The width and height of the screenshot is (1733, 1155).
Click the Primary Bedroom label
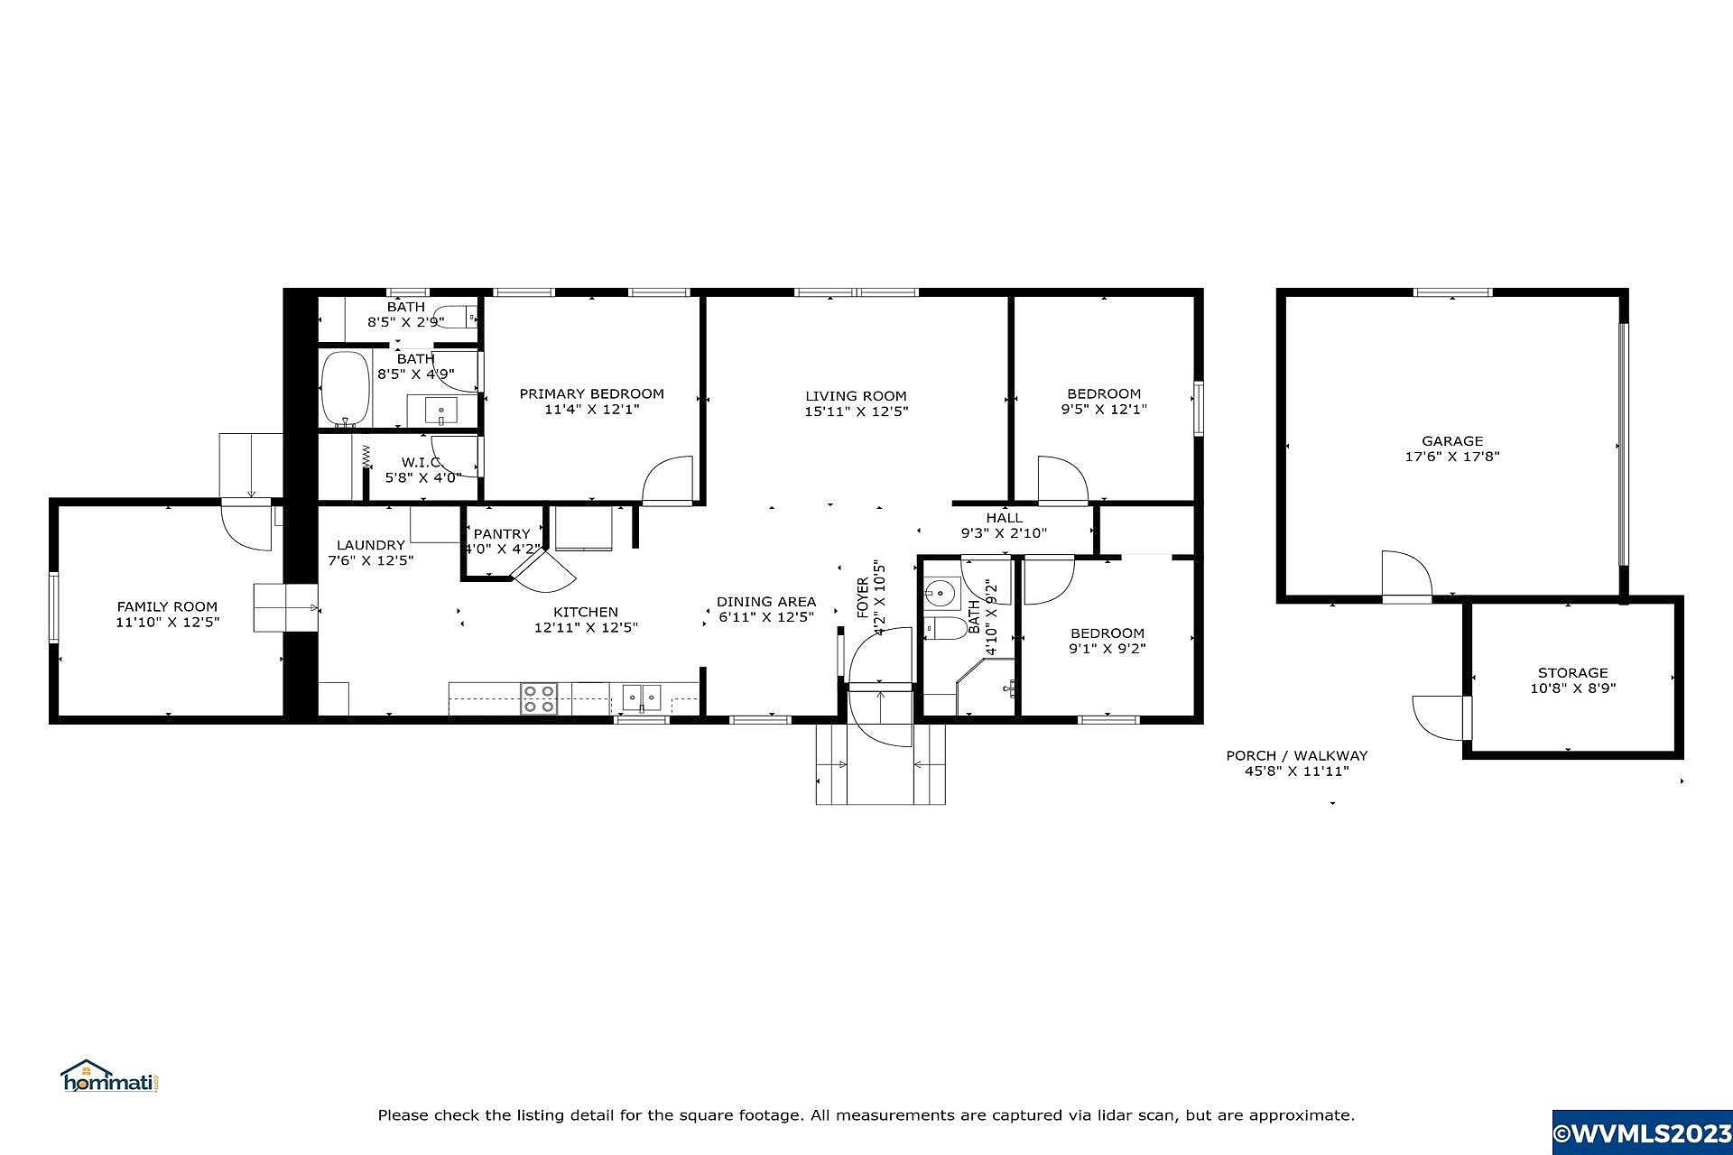[x=591, y=393]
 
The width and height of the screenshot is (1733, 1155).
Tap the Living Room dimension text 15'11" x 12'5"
[x=856, y=411]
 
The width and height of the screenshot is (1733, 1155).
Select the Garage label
[x=1452, y=441]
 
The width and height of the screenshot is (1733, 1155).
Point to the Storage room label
[x=1572, y=673]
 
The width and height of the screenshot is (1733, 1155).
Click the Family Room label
[x=167, y=607]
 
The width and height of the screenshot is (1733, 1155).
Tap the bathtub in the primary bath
[x=346, y=388]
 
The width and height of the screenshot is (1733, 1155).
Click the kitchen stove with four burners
[x=539, y=699]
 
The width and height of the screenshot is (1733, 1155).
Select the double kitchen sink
[x=642, y=698]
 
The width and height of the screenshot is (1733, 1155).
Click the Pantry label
[x=502, y=534]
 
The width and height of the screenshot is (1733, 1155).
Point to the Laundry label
[x=371, y=545]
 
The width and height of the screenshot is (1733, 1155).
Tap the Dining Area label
[x=766, y=602]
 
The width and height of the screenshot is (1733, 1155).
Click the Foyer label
[x=862, y=597]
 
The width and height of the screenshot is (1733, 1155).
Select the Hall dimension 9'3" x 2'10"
[x=1004, y=533]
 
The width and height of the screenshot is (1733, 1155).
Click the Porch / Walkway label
[x=1296, y=756]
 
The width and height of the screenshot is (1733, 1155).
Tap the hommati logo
[x=109, y=1076]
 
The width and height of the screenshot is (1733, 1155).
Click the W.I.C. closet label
[x=422, y=463]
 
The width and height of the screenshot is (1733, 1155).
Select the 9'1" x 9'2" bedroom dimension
[x=1107, y=649]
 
